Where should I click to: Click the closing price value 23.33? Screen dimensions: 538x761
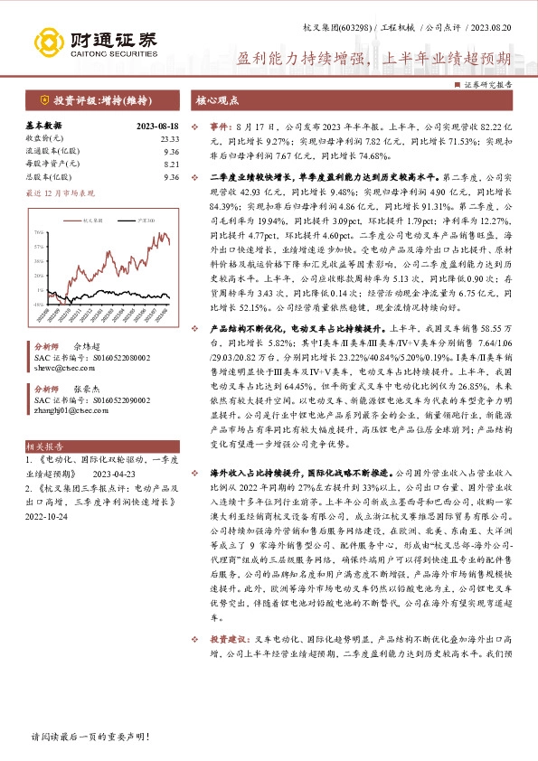pyautogui.click(x=170, y=138)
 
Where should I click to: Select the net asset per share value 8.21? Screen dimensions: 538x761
pyautogui.click(x=172, y=164)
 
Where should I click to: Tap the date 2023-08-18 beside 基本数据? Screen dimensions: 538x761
pyautogui.click(x=157, y=126)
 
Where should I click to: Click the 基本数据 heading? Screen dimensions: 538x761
pyautogui.click(x=43, y=126)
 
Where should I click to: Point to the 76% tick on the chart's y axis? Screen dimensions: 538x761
pyautogui.click(x=38, y=232)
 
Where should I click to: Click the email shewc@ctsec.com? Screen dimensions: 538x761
pyautogui.click(x=57, y=369)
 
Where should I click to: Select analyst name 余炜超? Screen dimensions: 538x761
pyautogui.click(x=86, y=346)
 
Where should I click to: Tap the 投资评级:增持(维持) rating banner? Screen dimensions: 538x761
pyautogui.click(x=99, y=100)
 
